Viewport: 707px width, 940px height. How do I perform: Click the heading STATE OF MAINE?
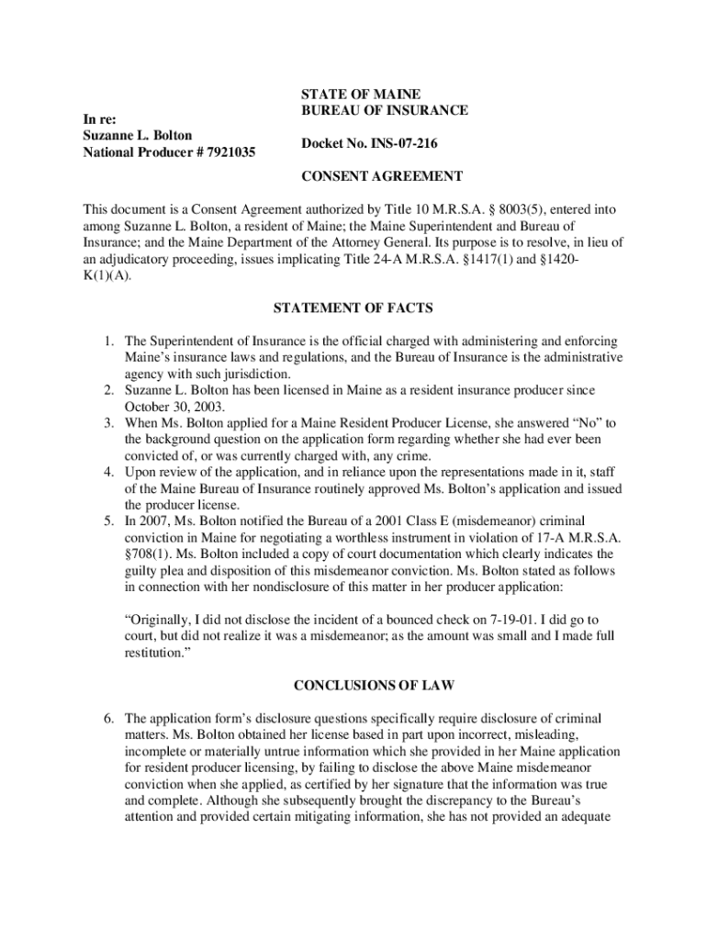pos(361,94)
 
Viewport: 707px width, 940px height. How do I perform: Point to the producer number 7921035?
pos(224,151)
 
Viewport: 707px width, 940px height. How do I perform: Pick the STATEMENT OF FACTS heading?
pos(353,308)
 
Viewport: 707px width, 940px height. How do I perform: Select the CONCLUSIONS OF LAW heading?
pos(353,685)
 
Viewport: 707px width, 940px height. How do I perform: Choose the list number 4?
pos(107,473)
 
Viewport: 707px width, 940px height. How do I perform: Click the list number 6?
pos(107,718)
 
